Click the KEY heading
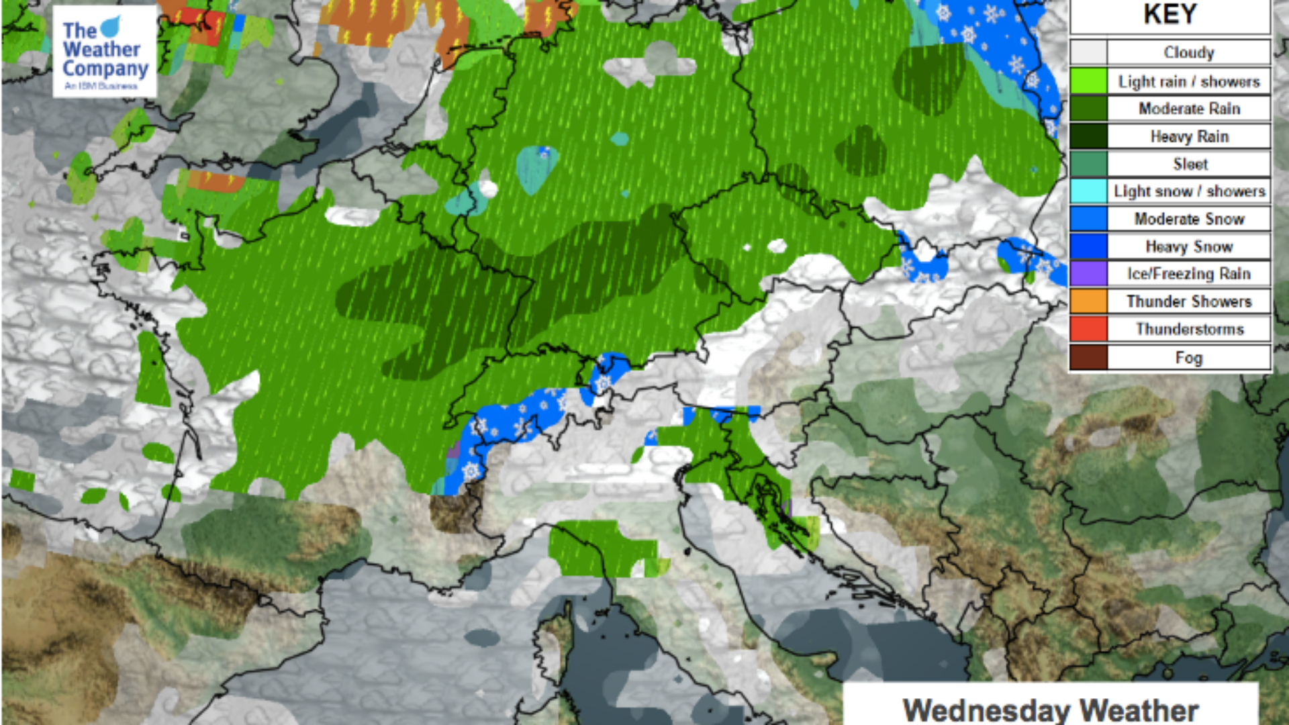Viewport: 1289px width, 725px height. click(1169, 15)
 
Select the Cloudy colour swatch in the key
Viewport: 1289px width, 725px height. click(1088, 52)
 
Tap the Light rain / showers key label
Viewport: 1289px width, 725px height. click(1188, 81)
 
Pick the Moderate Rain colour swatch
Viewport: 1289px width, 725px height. click(1088, 109)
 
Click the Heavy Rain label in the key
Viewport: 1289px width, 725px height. click(1189, 136)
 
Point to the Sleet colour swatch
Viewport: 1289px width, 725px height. click(1088, 164)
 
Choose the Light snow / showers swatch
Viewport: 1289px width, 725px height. click(1088, 191)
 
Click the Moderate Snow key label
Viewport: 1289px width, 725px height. click(1189, 219)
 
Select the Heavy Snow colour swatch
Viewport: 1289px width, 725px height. click(1088, 246)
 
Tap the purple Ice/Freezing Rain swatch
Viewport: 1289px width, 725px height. click(1088, 274)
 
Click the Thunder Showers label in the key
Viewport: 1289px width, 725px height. click(1189, 301)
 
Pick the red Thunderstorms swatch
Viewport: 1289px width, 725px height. click(1088, 329)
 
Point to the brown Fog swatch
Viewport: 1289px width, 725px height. click(1088, 357)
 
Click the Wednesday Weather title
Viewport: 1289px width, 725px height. click(1051, 710)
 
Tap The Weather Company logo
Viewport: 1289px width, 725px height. click(105, 52)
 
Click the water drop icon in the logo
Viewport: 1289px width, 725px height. click(111, 27)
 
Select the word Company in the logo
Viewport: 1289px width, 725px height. click(105, 69)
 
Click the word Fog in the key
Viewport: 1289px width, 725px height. click(1188, 357)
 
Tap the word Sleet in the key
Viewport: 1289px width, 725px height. click(1190, 164)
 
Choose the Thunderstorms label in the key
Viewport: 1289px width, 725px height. click(1190, 329)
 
